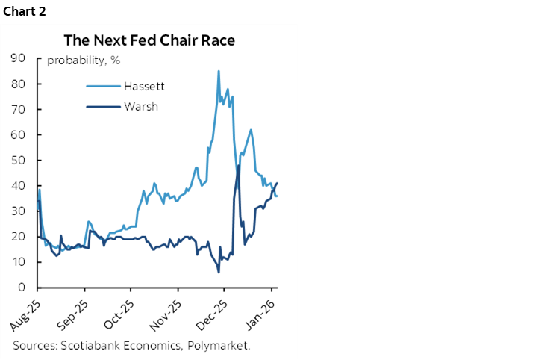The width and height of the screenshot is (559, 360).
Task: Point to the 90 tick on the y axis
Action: (21, 58)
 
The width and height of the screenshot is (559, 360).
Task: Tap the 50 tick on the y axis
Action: (21, 160)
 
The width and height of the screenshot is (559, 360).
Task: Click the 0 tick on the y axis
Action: (24, 288)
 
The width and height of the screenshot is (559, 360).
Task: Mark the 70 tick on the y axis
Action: (21, 109)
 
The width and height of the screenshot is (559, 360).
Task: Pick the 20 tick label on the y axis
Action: (21, 237)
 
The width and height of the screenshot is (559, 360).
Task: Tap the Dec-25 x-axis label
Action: (213, 313)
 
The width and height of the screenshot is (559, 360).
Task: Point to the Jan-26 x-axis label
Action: (261, 313)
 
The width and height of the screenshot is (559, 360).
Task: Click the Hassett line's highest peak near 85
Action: (218, 71)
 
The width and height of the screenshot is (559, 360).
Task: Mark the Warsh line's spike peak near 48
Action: (239, 165)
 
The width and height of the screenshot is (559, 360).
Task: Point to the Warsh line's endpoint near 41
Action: (277, 183)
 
